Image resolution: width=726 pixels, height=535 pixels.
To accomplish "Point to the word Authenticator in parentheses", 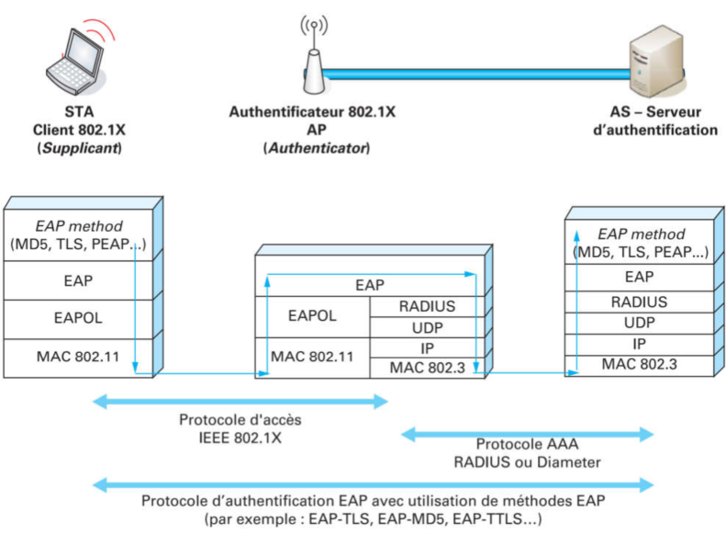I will [x=316, y=147].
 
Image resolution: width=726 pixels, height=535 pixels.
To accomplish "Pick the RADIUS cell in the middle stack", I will [x=427, y=306].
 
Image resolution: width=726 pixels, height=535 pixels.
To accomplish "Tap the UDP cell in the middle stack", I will [x=427, y=328].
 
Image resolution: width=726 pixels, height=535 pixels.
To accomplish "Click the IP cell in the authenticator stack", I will [x=427, y=348].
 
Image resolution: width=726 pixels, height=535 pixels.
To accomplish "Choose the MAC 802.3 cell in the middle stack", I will [x=427, y=368].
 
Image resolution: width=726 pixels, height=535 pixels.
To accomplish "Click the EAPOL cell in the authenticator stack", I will [x=313, y=315].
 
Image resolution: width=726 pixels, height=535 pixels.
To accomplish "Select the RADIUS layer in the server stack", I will [x=639, y=302].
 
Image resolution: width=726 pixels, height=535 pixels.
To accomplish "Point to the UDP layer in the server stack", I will [x=639, y=323].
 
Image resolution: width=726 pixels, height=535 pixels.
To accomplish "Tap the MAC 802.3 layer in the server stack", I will [x=639, y=365].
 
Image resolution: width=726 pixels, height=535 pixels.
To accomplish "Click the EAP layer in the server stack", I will [x=639, y=277].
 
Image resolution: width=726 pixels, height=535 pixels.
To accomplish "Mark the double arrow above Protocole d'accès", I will [x=240, y=401].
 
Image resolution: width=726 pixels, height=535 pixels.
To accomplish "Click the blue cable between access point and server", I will [x=477, y=72].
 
